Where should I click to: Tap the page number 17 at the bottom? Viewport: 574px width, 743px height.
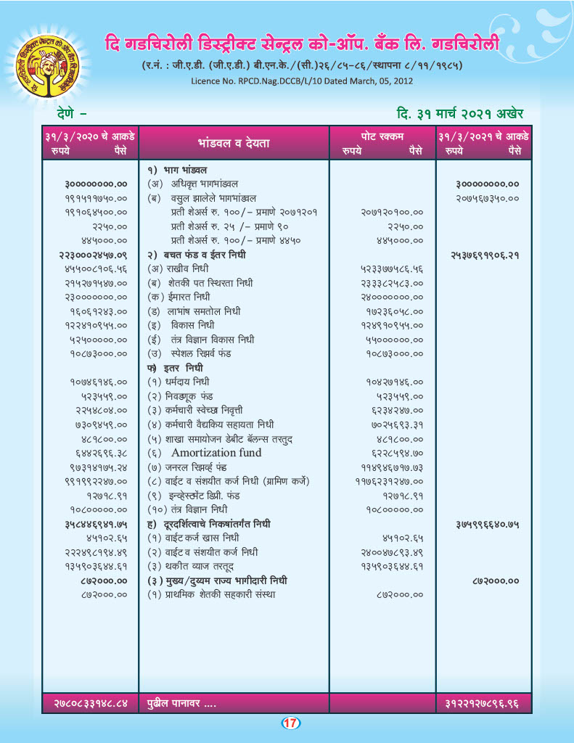tap(290, 723)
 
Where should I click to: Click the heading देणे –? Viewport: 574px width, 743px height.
tap(72, 113)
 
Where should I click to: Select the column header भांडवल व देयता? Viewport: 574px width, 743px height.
tap(234, 143)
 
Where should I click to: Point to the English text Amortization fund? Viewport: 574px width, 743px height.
tap(216, 453)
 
